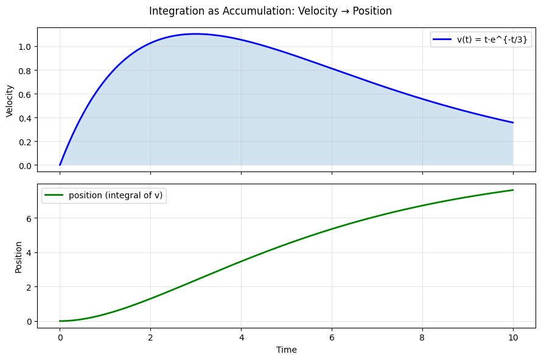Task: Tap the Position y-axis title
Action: tap(18, 257)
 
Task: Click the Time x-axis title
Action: tap(286, 350)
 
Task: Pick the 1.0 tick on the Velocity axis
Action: tap(24, 47)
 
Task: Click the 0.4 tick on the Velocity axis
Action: tap(24, 118)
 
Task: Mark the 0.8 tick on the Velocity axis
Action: tap(24, 71)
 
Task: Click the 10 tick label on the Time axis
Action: tap(513, 336)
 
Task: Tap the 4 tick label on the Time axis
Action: tap(241, 336)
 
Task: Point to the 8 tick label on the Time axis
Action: tap(422, 336)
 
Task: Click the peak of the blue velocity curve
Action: tap(195, 34)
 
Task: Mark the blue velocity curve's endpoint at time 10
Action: tap(513, 123)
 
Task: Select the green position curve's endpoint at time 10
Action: tap(513, 190)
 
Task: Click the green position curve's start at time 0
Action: tap(60, 321)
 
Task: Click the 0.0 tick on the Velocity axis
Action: tap(24, 165)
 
